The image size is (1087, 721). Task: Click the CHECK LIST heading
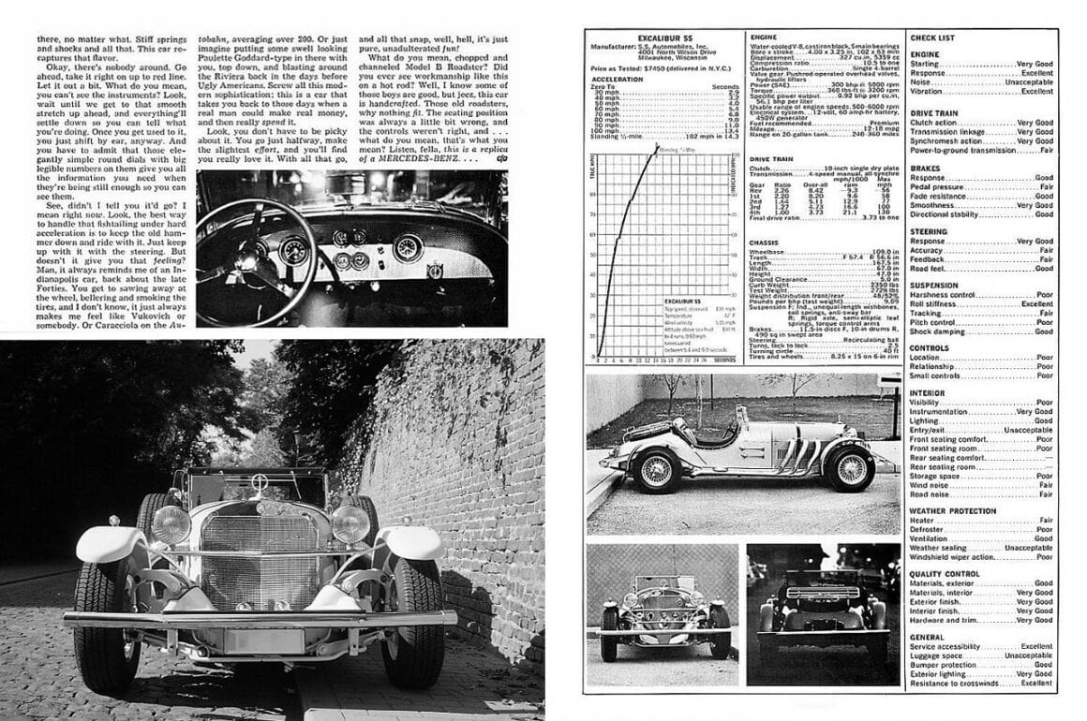[x=931, y=37]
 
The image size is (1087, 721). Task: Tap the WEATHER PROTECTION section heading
[x=952, y=510]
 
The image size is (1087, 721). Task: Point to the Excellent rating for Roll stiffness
[x=1036, y=304]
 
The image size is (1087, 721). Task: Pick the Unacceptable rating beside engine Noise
[x=1027, y=81]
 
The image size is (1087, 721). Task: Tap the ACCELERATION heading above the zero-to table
[x=618, y=80]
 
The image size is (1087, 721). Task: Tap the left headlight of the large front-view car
[x=171, y=524]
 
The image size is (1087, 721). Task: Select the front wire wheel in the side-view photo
[x=656, y=469]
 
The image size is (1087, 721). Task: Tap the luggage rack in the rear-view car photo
[x=822, y=593]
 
